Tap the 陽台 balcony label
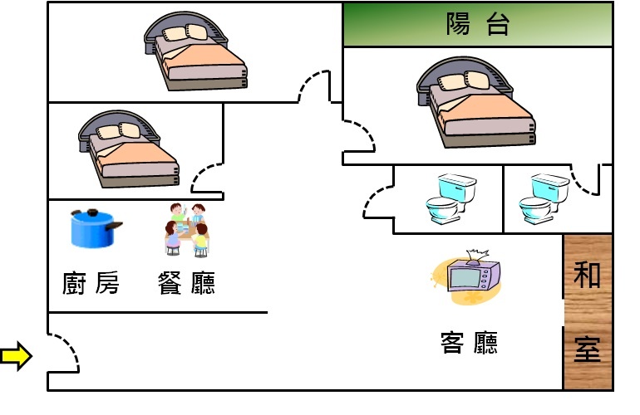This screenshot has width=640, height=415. click(477, 25)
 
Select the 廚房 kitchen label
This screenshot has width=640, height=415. click(91, 284)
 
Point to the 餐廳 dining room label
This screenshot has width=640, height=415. click(186, 284)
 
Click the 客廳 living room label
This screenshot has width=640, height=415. click(469, 341)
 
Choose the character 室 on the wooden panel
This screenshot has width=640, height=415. click(588, 349)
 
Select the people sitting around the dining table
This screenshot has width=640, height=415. click(185, 230)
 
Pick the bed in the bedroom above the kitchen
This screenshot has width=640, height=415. click(129, 149)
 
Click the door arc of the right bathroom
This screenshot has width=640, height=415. click(585, 183)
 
